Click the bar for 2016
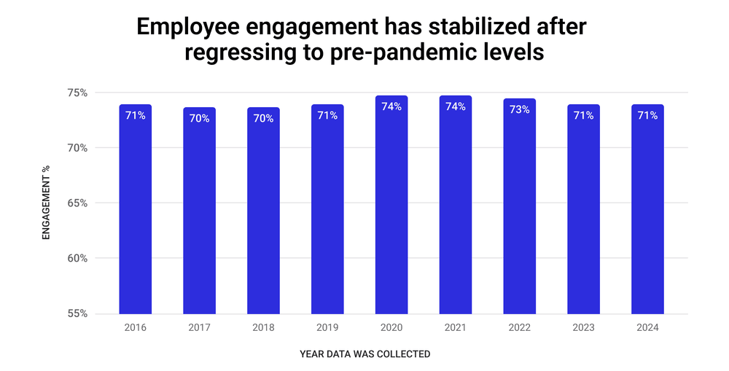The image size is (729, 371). pos(135,211)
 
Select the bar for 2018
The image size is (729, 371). pos(263,211)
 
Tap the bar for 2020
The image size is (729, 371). pos(391,211)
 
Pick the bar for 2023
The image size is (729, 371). pos(583,211)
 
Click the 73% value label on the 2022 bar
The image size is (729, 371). pos(519,110)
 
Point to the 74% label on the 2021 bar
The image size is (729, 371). pos(456,106)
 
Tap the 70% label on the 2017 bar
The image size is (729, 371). pos(199,118)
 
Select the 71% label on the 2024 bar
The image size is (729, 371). pos(647,115)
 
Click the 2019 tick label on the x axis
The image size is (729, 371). pos(327,328)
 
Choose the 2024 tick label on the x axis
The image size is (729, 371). pos(647,328)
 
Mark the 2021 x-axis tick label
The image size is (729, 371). pos(456,328)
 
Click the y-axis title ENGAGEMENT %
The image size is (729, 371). pos(46,203)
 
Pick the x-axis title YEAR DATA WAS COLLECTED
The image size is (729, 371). pos(364,354)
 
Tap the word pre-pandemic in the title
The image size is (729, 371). pos(399,54)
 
